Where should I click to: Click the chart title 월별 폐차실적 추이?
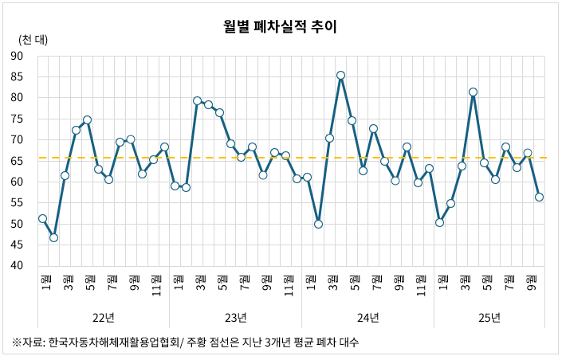tap(281, 27)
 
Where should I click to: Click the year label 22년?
tap(103, 318)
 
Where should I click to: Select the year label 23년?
tap(235, 318)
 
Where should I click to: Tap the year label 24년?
tap(367, 318)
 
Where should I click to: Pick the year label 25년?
tap(489, 318)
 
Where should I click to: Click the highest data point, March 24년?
tap(340, 76)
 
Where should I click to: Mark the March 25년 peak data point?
tap(473, 92)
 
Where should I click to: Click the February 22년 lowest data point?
tap(53, 237)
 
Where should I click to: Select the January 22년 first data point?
tap(42, 218)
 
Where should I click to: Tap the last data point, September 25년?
tap(539, 197)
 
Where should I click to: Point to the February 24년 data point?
tap(318, 224)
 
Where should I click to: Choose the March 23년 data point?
tap(197, 100)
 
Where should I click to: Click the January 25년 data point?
tap(439, 222)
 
